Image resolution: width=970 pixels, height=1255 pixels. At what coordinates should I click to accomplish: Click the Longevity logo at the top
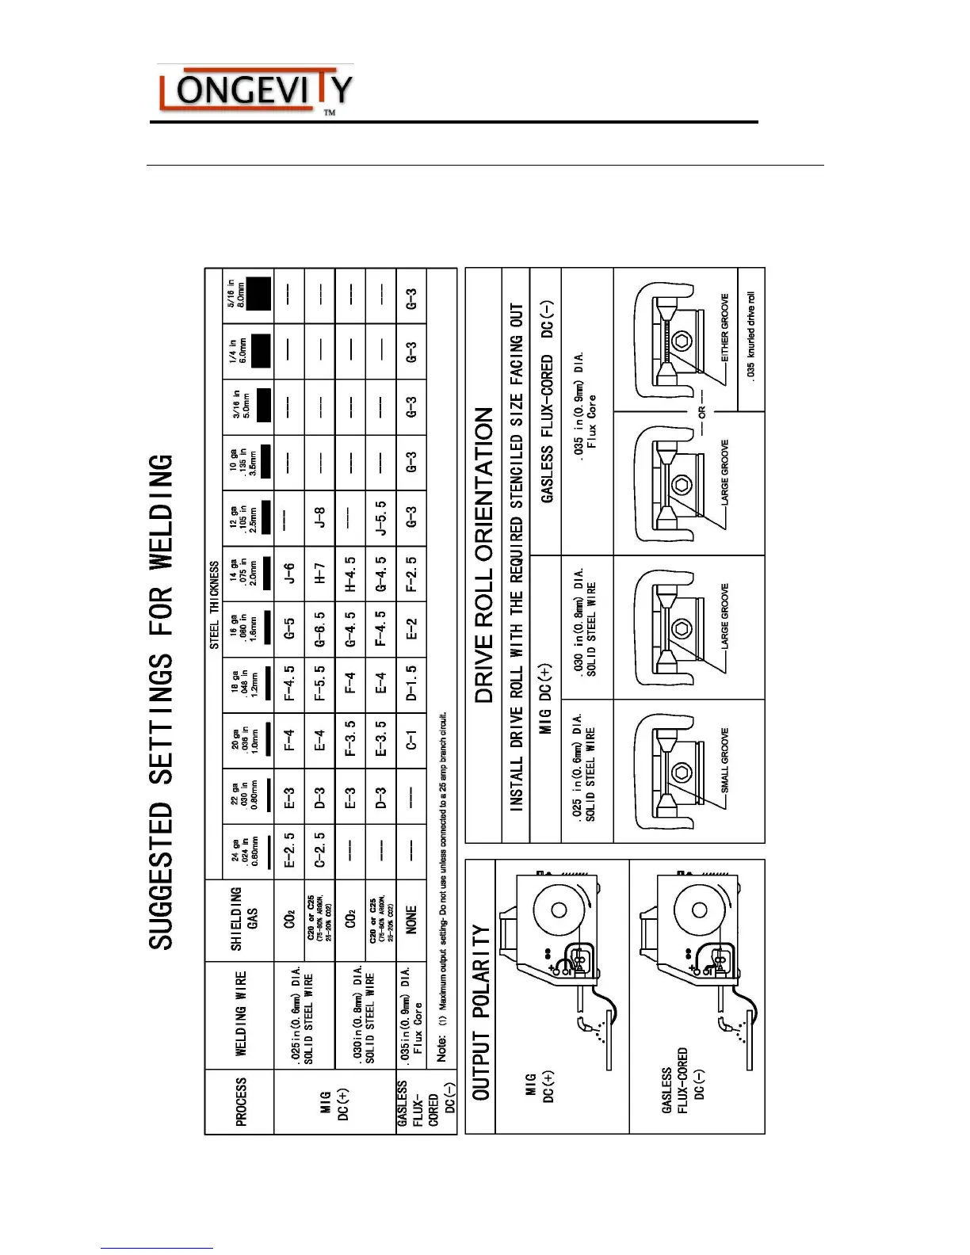click(x=254, y=91)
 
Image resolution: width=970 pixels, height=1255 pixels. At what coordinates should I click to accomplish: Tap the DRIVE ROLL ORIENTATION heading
click(x=484, y=555)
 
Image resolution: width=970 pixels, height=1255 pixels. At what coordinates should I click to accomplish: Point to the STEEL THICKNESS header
click(x=214, y=605)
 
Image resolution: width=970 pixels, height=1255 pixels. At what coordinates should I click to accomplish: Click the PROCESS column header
click(x=240, y=1101)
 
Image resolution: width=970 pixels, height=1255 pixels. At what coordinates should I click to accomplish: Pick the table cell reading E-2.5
click(x=290, y=849)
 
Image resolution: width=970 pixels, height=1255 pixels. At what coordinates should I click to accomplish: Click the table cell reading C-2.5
click(x=320, y=849)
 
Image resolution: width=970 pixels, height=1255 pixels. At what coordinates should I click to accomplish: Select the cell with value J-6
click(x=290, y=574)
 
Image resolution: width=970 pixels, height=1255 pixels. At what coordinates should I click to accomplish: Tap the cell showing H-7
click(x=320, y=574)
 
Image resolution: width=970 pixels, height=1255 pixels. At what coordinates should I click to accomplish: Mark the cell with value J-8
click(x=320, y=518)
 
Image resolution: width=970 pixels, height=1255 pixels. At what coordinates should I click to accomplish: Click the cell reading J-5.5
click(x=381, y=518)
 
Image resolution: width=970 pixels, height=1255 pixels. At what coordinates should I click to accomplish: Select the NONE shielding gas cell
click(x=411, y=919)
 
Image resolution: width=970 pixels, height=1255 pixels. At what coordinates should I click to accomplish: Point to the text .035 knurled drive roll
click(x=751, y=337)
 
